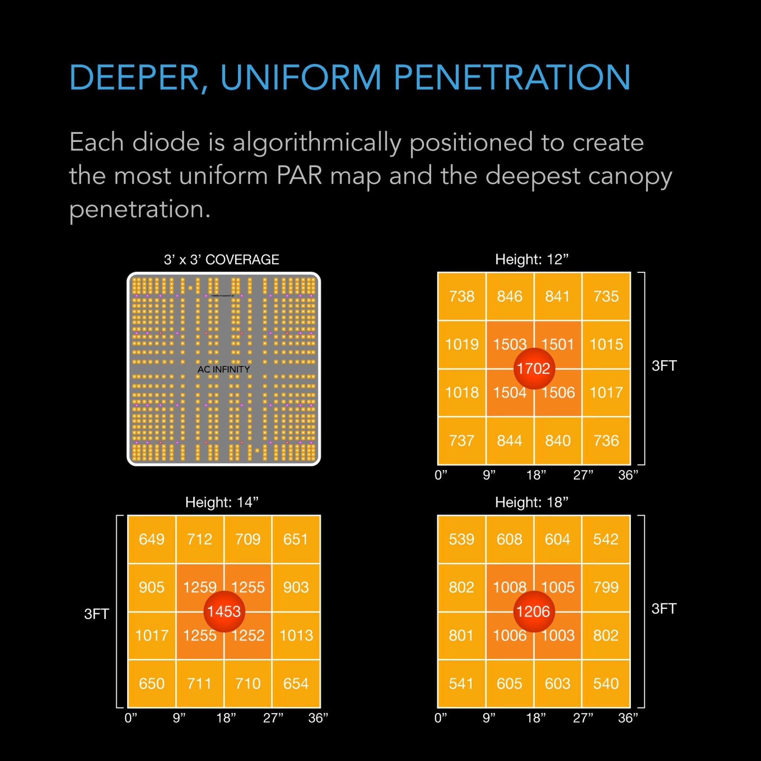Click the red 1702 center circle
tap(534, 369)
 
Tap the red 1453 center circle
tap(224, 611)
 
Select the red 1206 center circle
tap(534, 611)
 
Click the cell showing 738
tap(462, 296)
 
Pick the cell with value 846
tap(510, 296)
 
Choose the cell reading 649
tap(152, 539)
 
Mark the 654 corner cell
tap(296, 683)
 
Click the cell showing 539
tap(462, 539)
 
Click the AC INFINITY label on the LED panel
tap(224, 369)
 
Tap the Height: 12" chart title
tap(532, 260)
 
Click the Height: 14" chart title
tap(222, 502)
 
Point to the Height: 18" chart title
tap(532, 502)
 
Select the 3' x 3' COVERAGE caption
tap(221, 260)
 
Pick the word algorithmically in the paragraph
tap(317, 142)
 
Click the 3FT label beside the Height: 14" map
tap(97, 614)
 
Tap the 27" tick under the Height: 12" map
tap(583, 475)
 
